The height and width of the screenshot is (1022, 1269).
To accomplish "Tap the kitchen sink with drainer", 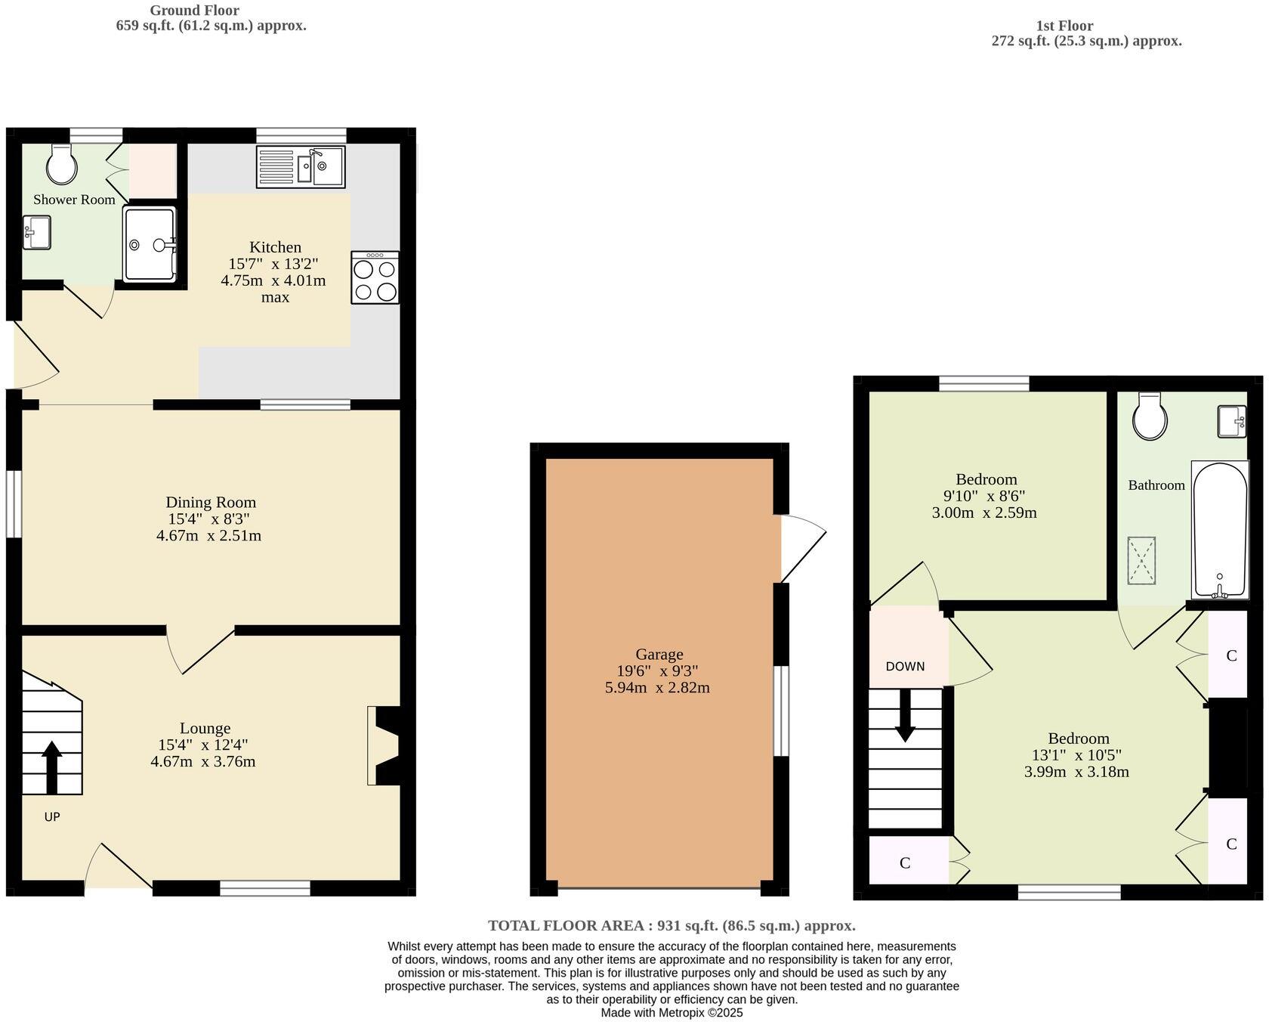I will [300, 167].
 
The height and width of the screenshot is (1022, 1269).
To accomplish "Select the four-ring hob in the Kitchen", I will [375, 278].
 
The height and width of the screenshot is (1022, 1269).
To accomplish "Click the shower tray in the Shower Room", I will [150, 244].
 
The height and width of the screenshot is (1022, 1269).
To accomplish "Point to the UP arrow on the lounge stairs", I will [51, 766].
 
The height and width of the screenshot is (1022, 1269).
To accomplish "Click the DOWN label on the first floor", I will [905, 667].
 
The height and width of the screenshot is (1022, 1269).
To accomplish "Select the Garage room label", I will [659, 655].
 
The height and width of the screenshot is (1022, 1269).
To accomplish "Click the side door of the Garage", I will [801, 548].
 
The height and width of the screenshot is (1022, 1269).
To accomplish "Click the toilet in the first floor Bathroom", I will [1150, 417].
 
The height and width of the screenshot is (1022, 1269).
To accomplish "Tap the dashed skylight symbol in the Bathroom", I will [1141, 560].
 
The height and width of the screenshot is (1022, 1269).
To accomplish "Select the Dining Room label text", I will [211, 503].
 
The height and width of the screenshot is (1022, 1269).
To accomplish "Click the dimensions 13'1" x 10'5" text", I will [1076, 755].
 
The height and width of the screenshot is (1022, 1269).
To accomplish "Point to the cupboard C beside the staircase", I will [905, 863].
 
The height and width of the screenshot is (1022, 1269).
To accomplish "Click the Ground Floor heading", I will [194, 11].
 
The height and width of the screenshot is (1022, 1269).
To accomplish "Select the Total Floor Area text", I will [672, 925].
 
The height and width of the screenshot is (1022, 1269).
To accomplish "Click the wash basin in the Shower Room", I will [36, 232].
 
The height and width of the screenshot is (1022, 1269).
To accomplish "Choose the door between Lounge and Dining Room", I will [202, 650].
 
